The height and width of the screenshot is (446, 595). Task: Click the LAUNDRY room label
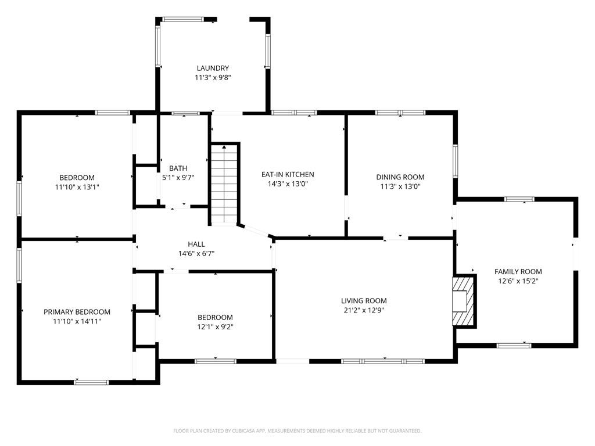point(212,68)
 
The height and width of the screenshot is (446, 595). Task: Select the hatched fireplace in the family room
point(464,301)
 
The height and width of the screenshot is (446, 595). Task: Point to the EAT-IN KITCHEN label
point(288,174)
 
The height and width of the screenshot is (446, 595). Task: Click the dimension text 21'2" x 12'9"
point(364,310)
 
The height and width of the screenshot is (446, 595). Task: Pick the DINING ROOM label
point(400,177)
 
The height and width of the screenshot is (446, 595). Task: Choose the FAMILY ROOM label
point(518,271)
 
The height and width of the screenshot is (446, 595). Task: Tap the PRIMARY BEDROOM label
point(77,312)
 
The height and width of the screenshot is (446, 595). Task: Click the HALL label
point(196,244)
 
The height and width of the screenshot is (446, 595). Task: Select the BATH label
point(177,168)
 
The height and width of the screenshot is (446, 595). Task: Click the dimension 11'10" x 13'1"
point(77,187)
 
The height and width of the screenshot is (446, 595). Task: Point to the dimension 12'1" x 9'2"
point(215,326)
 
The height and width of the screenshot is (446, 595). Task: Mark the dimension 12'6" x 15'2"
point(518,280)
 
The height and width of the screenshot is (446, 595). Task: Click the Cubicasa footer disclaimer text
point(297,431)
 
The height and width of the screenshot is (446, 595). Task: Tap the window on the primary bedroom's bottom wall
point(91,382)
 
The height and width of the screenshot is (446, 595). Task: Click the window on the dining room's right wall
point(456,161)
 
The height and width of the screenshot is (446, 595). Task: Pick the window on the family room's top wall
point(519,199)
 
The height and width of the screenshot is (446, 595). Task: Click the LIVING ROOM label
point(364,301)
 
